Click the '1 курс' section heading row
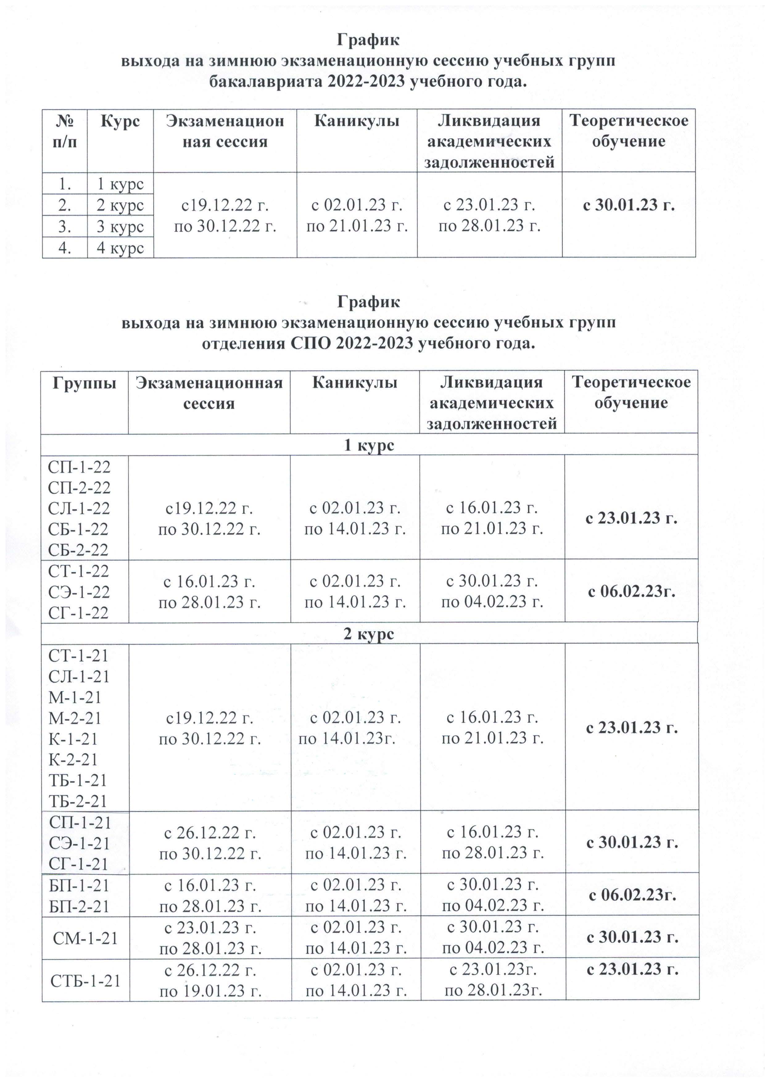point(369,445)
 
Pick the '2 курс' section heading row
point(369,634)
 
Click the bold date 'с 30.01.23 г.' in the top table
point(628,205)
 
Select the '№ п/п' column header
point(64,131)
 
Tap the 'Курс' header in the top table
point(120,121)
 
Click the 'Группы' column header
point(85,382)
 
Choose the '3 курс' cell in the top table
point(120,227)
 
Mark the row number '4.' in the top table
point(64,248)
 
